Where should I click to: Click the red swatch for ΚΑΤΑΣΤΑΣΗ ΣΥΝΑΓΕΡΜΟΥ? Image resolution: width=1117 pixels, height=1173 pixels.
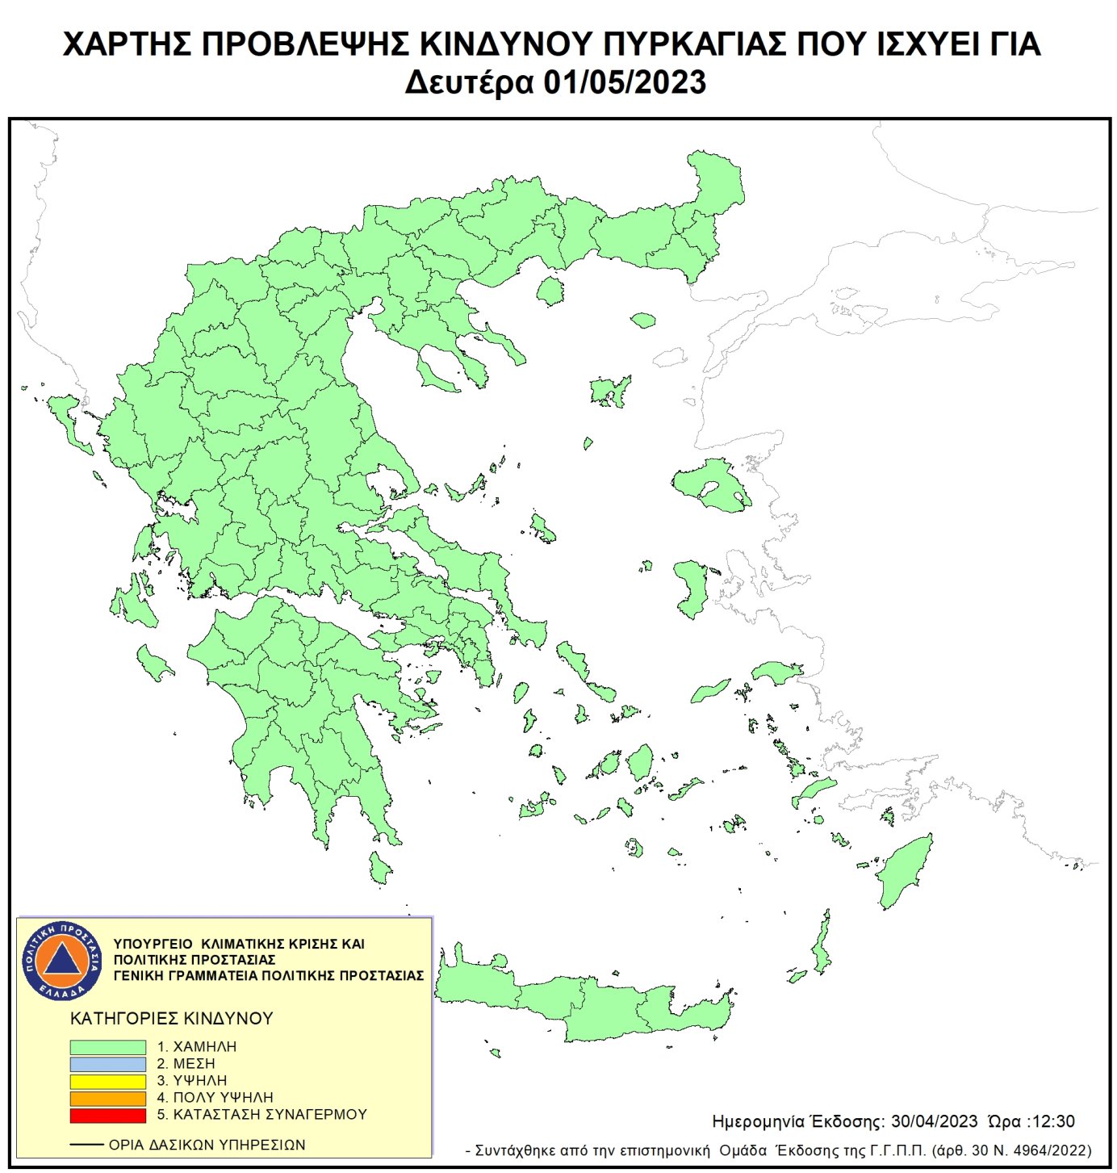tap(107, 1115)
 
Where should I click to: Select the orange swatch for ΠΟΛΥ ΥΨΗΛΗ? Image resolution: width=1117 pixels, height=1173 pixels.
tap(107, 1098)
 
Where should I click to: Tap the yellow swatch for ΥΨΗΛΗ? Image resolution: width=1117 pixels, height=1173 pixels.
tap(107, 1081)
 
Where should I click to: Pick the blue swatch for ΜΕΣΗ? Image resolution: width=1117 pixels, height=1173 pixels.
tap(107, 1064)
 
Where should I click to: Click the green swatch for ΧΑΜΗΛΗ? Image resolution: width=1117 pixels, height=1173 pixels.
tap(107, 1047)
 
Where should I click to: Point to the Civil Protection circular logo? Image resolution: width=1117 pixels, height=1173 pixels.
tap(62, 960)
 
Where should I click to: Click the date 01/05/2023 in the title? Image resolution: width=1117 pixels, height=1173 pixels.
tap(624, 83)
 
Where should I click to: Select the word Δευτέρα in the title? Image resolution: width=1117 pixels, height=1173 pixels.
tap(469, 83)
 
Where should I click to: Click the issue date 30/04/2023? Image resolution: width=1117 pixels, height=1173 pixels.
tap(934, 1122)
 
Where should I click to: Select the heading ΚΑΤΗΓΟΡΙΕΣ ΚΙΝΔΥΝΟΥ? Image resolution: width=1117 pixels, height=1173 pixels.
tap(171, 1019)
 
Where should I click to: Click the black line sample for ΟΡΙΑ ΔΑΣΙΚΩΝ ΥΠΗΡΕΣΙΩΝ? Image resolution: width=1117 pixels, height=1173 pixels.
tap(86, 1145)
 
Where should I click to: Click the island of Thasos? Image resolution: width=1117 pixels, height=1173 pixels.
tap(550, 291)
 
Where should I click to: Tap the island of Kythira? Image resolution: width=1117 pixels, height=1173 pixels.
tap(379, 868)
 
